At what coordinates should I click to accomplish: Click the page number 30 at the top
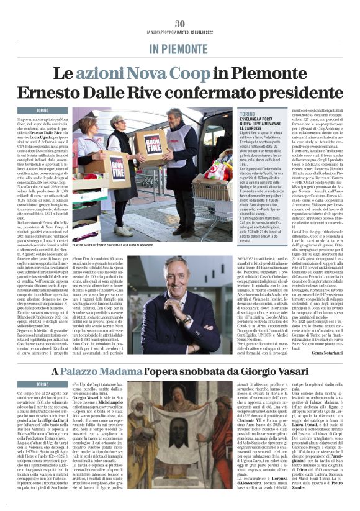pyautogui.click(x=179, y=24)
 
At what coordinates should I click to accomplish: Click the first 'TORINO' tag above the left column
pyautogui.click(x=42, y=110)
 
